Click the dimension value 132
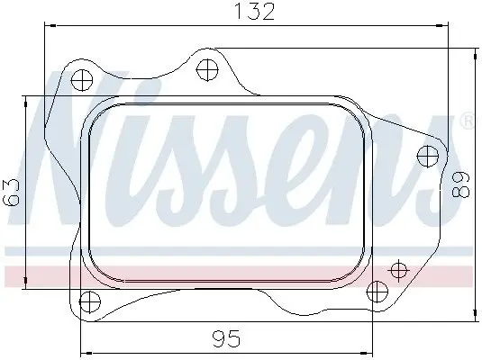(254, 12)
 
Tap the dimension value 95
(226, 338)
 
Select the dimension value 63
(11, 193)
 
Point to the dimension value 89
(461, 184)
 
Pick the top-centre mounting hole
(207, 69)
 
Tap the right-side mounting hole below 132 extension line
(427, 157)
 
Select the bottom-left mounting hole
(90, 301)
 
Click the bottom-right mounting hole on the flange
(377, 292)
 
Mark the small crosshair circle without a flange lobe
(399, 271)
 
